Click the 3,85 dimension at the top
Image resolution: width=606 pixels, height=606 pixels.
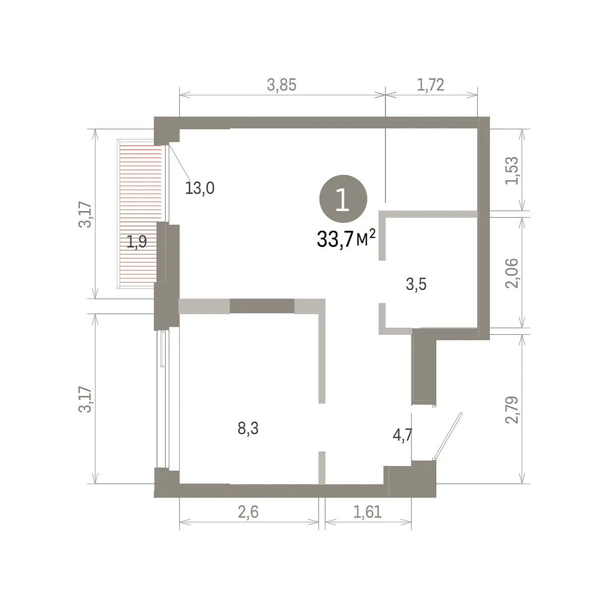pos(281,85)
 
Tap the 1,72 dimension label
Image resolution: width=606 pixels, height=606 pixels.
pos(430,85)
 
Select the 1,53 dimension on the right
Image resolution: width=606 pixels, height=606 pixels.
pos(512,171)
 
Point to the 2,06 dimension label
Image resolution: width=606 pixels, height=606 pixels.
pos(512,273)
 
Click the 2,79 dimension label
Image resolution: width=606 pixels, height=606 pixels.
pos(512,410)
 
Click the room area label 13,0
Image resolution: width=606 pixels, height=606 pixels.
pos(199,188)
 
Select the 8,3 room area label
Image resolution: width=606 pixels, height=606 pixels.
pos(248,428)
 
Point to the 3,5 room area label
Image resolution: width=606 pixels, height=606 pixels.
pos(416,284)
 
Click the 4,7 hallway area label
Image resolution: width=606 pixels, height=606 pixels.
pos(402,435)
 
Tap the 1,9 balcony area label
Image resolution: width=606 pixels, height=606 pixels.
pos(137,242)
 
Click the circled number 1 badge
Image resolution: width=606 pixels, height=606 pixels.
pos(343,199)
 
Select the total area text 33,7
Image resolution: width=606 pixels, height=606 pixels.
pos(335,239)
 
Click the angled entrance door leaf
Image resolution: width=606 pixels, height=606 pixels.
pos(448,436)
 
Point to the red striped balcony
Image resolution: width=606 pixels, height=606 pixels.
pos(139,214)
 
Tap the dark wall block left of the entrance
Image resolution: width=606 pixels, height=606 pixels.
pos(424,367)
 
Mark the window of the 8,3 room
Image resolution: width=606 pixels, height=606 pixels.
pos(163,399)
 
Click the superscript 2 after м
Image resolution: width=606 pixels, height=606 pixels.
pos(372,234)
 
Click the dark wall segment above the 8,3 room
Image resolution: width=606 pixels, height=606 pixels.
pos(262,307)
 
